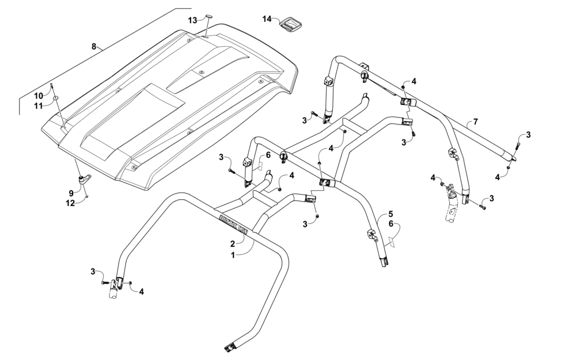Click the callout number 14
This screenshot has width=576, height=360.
coord(267,18)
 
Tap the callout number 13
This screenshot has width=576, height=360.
coord(193,20)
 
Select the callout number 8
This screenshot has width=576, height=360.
coord(94,46)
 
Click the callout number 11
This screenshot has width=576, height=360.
coord(39,105)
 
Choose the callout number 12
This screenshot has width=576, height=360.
coord(70,203)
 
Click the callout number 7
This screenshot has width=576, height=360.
coord(475,121)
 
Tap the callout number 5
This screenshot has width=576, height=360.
coord(391,214)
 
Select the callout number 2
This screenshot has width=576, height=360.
coord(232,243)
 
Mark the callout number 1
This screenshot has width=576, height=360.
coord(233,255)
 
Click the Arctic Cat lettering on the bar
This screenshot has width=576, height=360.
coord(233,223)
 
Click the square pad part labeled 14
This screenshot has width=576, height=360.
coord(290,25)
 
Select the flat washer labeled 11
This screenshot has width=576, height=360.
coord(55,98)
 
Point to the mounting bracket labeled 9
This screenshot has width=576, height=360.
coord(85,180)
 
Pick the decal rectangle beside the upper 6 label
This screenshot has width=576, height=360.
coord(260,166)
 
